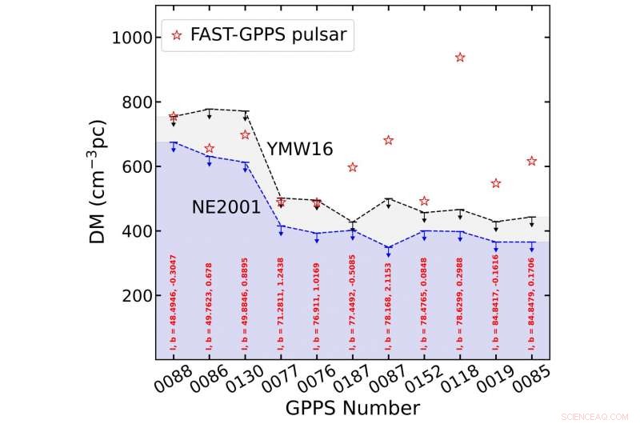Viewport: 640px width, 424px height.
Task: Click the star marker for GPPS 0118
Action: [460, 58]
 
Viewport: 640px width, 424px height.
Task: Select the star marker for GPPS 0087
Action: [389, 141]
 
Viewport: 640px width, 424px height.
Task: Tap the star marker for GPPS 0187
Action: [353, 167]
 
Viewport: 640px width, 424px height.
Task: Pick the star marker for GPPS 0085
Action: [532, 162]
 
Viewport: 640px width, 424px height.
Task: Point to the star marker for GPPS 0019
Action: [496, 183]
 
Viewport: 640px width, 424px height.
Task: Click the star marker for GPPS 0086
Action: [210, 149]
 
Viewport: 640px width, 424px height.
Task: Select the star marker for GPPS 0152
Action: [425, 201]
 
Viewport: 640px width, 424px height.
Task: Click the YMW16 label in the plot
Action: [301, 149]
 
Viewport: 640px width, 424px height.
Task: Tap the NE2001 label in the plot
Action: [226, 207]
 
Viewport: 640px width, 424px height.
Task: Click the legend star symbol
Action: [177, 34]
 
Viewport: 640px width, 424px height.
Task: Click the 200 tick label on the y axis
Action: [130, 296]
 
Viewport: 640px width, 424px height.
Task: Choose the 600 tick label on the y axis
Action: [130, 167]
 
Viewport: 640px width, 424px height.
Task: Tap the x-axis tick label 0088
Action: [164, 380]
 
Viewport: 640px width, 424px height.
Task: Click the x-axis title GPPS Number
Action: [352, 408]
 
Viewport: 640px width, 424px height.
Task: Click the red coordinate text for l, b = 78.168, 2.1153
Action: [388, 305]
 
